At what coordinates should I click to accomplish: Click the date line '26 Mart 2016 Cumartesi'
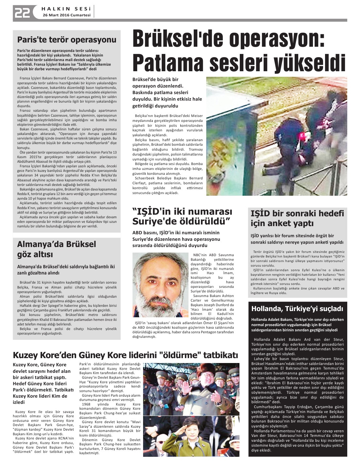click(x=67, y=15)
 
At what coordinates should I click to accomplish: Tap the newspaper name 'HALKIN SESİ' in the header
click(x=67, y=8)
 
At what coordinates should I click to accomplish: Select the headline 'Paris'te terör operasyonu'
click(x=67, y=40)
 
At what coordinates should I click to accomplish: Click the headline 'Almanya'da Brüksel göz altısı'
click(x=57, y=249)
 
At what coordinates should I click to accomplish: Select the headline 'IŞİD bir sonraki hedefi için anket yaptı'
click(x=297, y=218)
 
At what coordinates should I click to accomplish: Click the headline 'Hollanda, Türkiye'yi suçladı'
click(x=297, y=308)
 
